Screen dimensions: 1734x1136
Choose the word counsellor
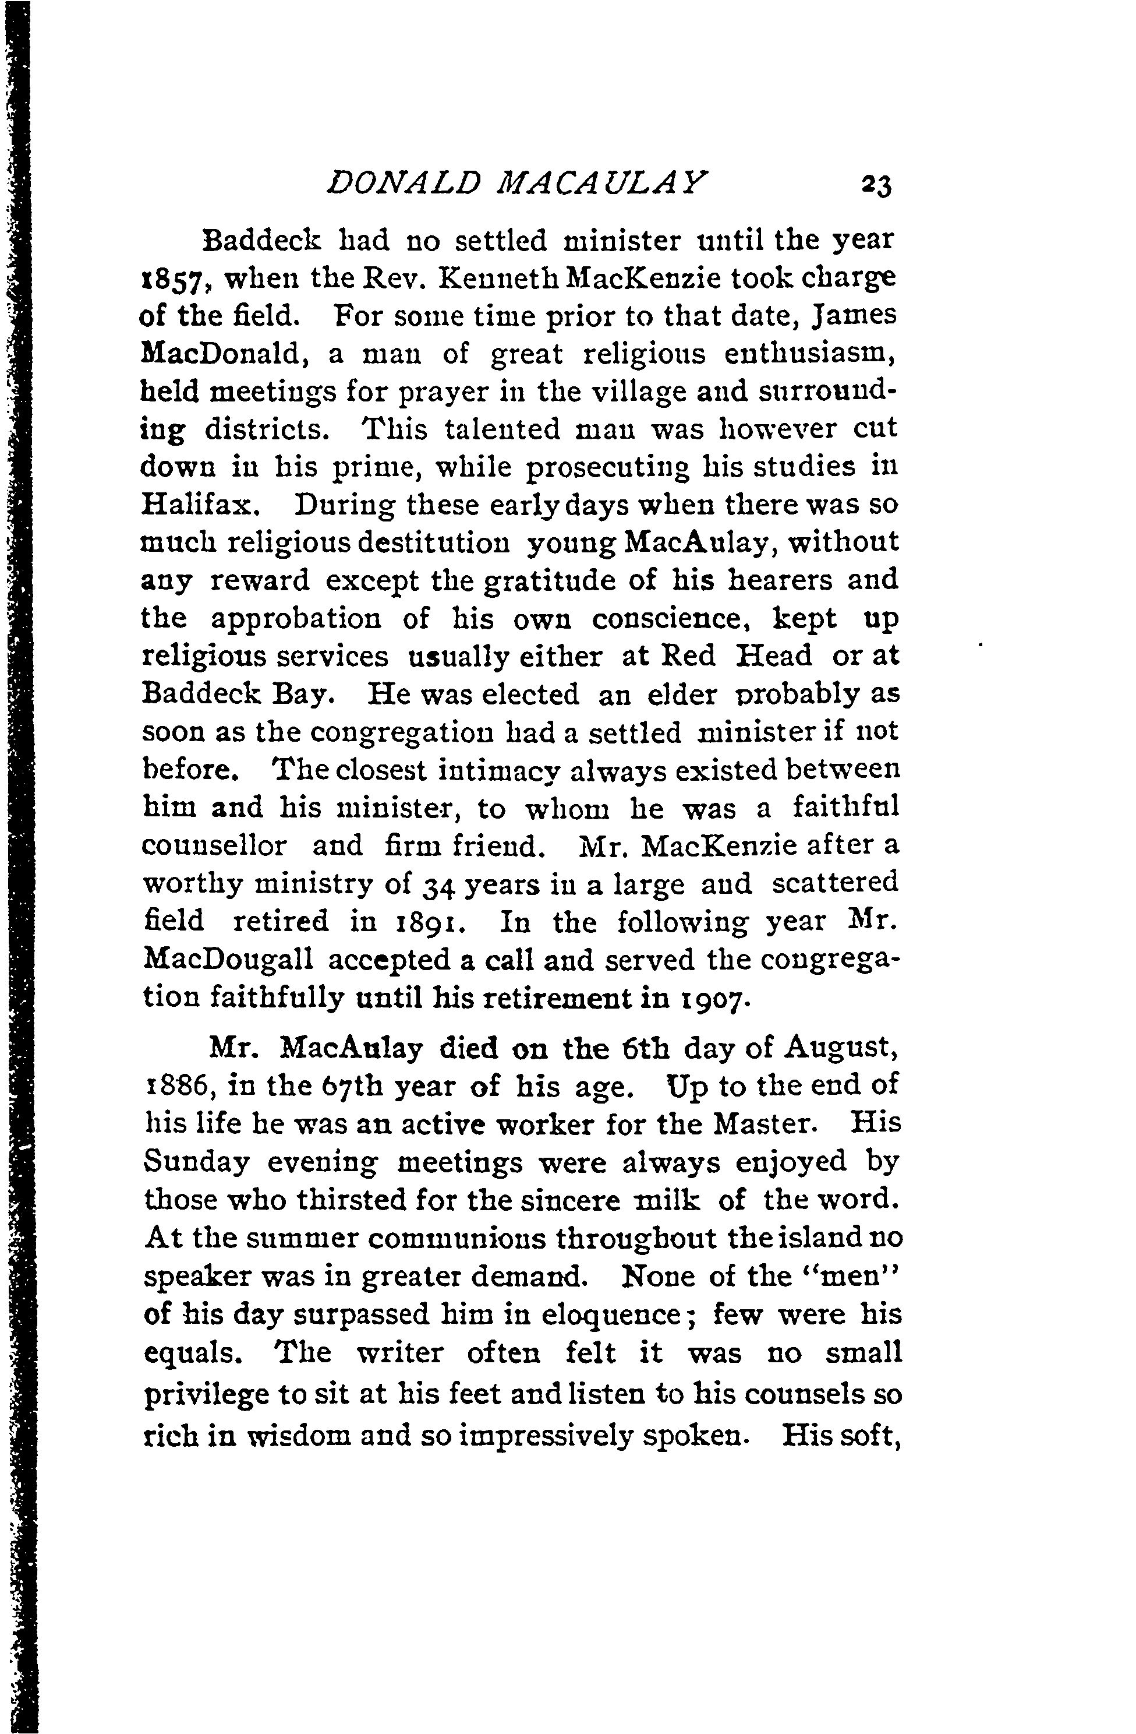(x=215, y=846)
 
